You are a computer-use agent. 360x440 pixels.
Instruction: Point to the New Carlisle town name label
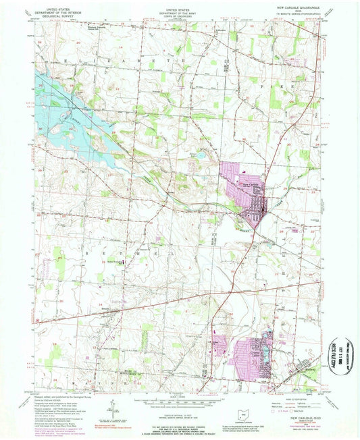[249, 183]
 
